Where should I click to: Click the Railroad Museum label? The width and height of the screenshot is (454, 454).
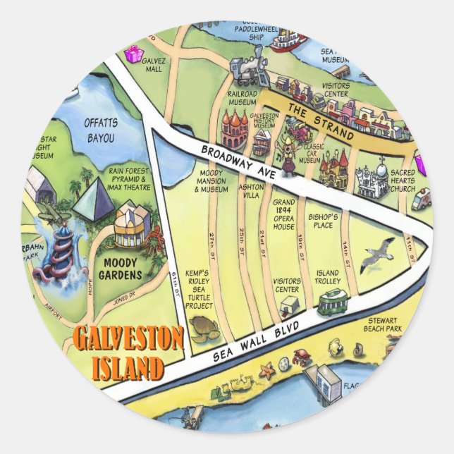(243, 98)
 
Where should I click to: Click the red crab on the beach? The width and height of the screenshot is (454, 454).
(303, 356)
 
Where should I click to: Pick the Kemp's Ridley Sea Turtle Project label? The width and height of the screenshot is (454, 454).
(199, 289)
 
